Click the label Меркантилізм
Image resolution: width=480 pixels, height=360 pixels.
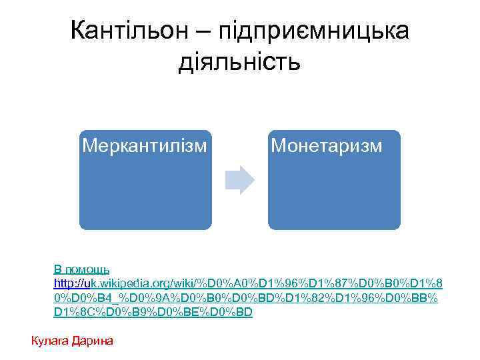coord(143,145)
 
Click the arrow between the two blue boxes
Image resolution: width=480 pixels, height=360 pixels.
coord(239,179)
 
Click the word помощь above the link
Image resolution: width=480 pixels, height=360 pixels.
coord(87,270)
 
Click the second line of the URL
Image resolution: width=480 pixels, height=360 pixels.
coord(247,298)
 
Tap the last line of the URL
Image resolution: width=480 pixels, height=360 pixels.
coord(153,312)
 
